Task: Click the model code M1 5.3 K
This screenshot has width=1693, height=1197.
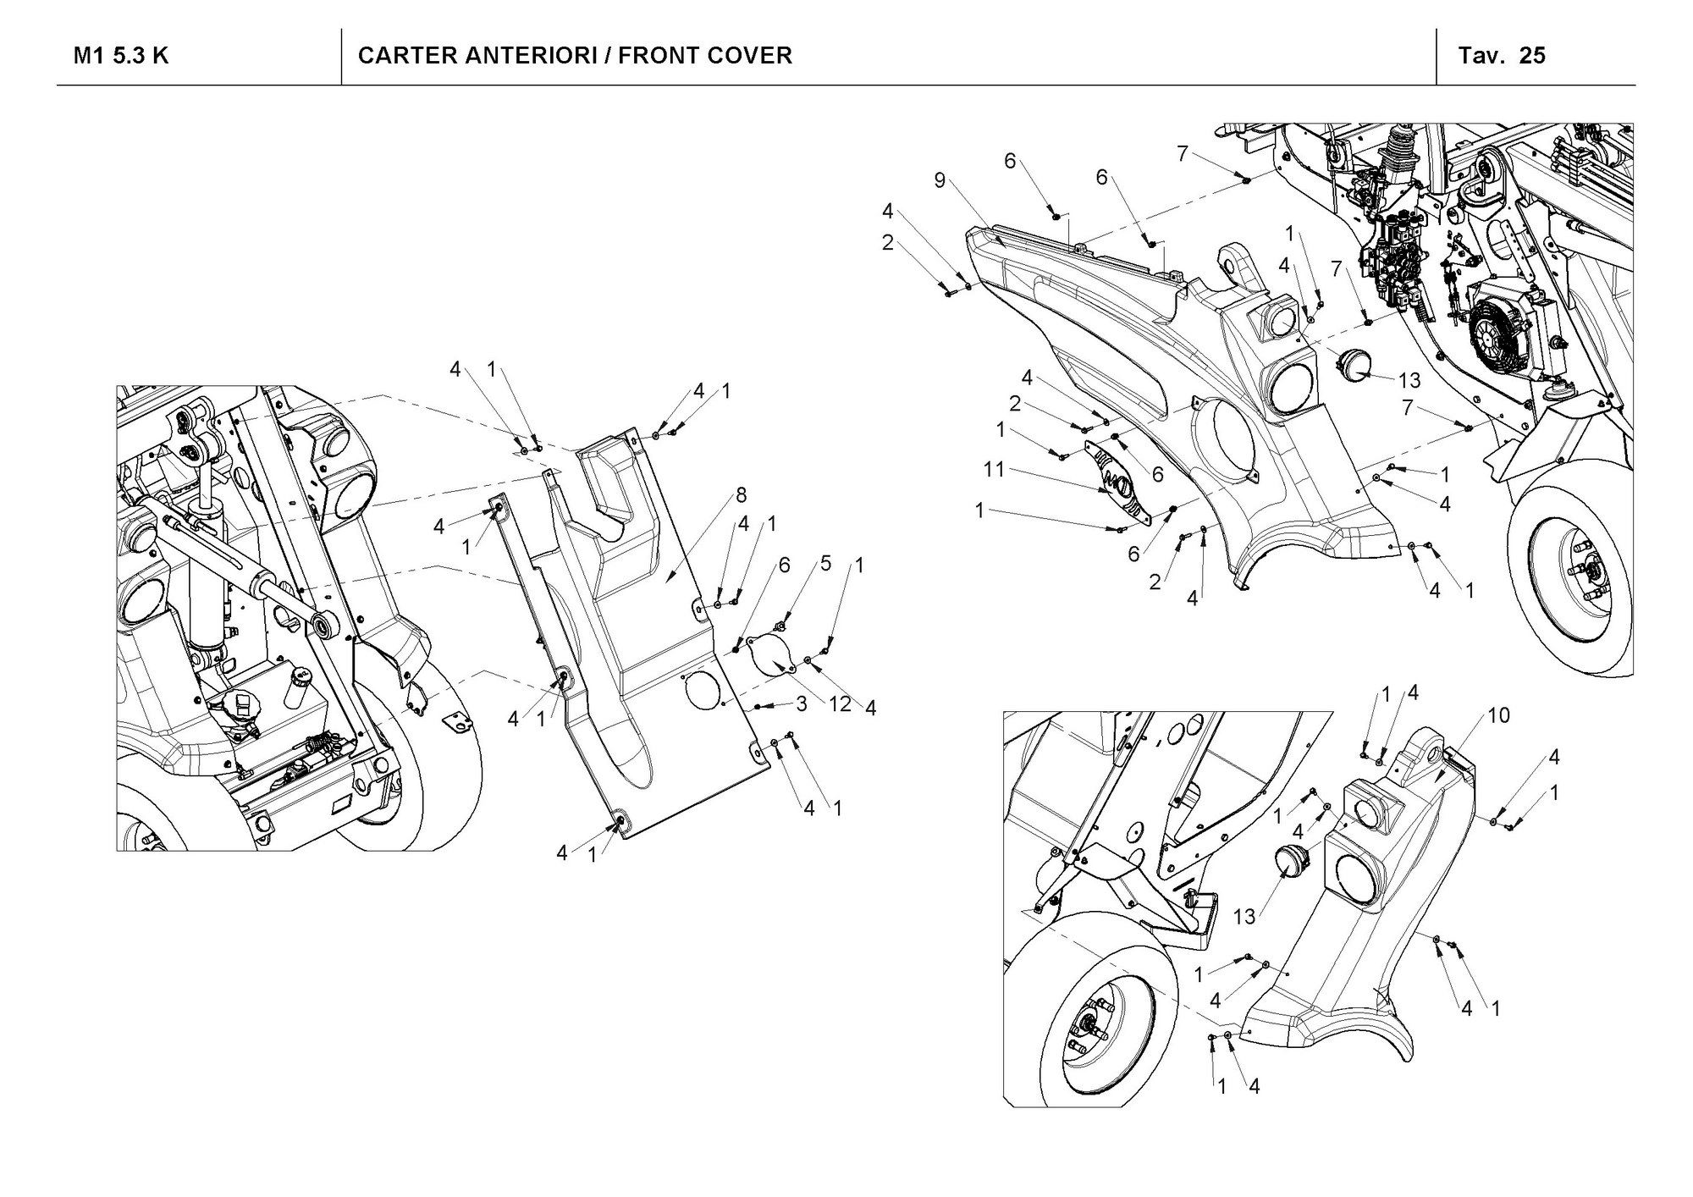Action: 121,56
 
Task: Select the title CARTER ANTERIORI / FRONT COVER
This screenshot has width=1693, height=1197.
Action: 575,56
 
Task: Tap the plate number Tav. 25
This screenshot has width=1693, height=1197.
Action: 1502,56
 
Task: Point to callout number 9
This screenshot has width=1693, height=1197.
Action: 940,180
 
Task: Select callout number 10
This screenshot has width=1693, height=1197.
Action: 1497,715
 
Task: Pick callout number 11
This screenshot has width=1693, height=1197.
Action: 994,468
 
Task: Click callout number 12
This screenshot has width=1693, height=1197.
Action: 839,703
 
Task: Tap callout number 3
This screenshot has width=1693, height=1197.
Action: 800,703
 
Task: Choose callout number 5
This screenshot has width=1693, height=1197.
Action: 825,563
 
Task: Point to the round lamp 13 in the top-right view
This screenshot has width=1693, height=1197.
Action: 1351,366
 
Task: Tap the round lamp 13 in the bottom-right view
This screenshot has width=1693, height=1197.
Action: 1292,861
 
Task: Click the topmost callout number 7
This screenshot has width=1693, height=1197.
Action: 1182,153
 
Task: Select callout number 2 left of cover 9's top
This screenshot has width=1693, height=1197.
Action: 887,243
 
